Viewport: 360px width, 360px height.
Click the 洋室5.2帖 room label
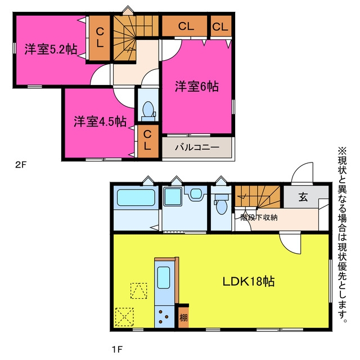tap(51, 49)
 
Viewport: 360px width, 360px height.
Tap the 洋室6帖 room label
tap(197, 86)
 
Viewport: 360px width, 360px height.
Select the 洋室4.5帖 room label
tap(100, 121)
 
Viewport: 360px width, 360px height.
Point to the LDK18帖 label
tap(249, 281)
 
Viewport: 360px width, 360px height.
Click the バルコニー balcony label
tap(197, 147)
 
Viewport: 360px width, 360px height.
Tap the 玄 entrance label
tap(303, 197)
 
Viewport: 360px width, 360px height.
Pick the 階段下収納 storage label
tap(259, 217)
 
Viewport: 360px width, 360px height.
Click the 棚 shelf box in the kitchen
tap(183, 317)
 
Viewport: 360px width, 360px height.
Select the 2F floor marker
tap(21, 165)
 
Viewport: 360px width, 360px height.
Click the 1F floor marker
tap(117, 349)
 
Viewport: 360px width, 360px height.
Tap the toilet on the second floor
tap(148, 111)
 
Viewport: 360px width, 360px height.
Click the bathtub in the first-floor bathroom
tap(136, 197)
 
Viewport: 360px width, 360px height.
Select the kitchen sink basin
tap(164, 277)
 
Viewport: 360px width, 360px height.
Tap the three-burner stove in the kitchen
tap(164, 317)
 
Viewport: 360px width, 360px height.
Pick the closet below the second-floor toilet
tap(148, 141)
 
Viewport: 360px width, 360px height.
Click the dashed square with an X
tap(124, 317)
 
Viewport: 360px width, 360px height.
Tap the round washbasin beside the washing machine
tap(196, 193)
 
